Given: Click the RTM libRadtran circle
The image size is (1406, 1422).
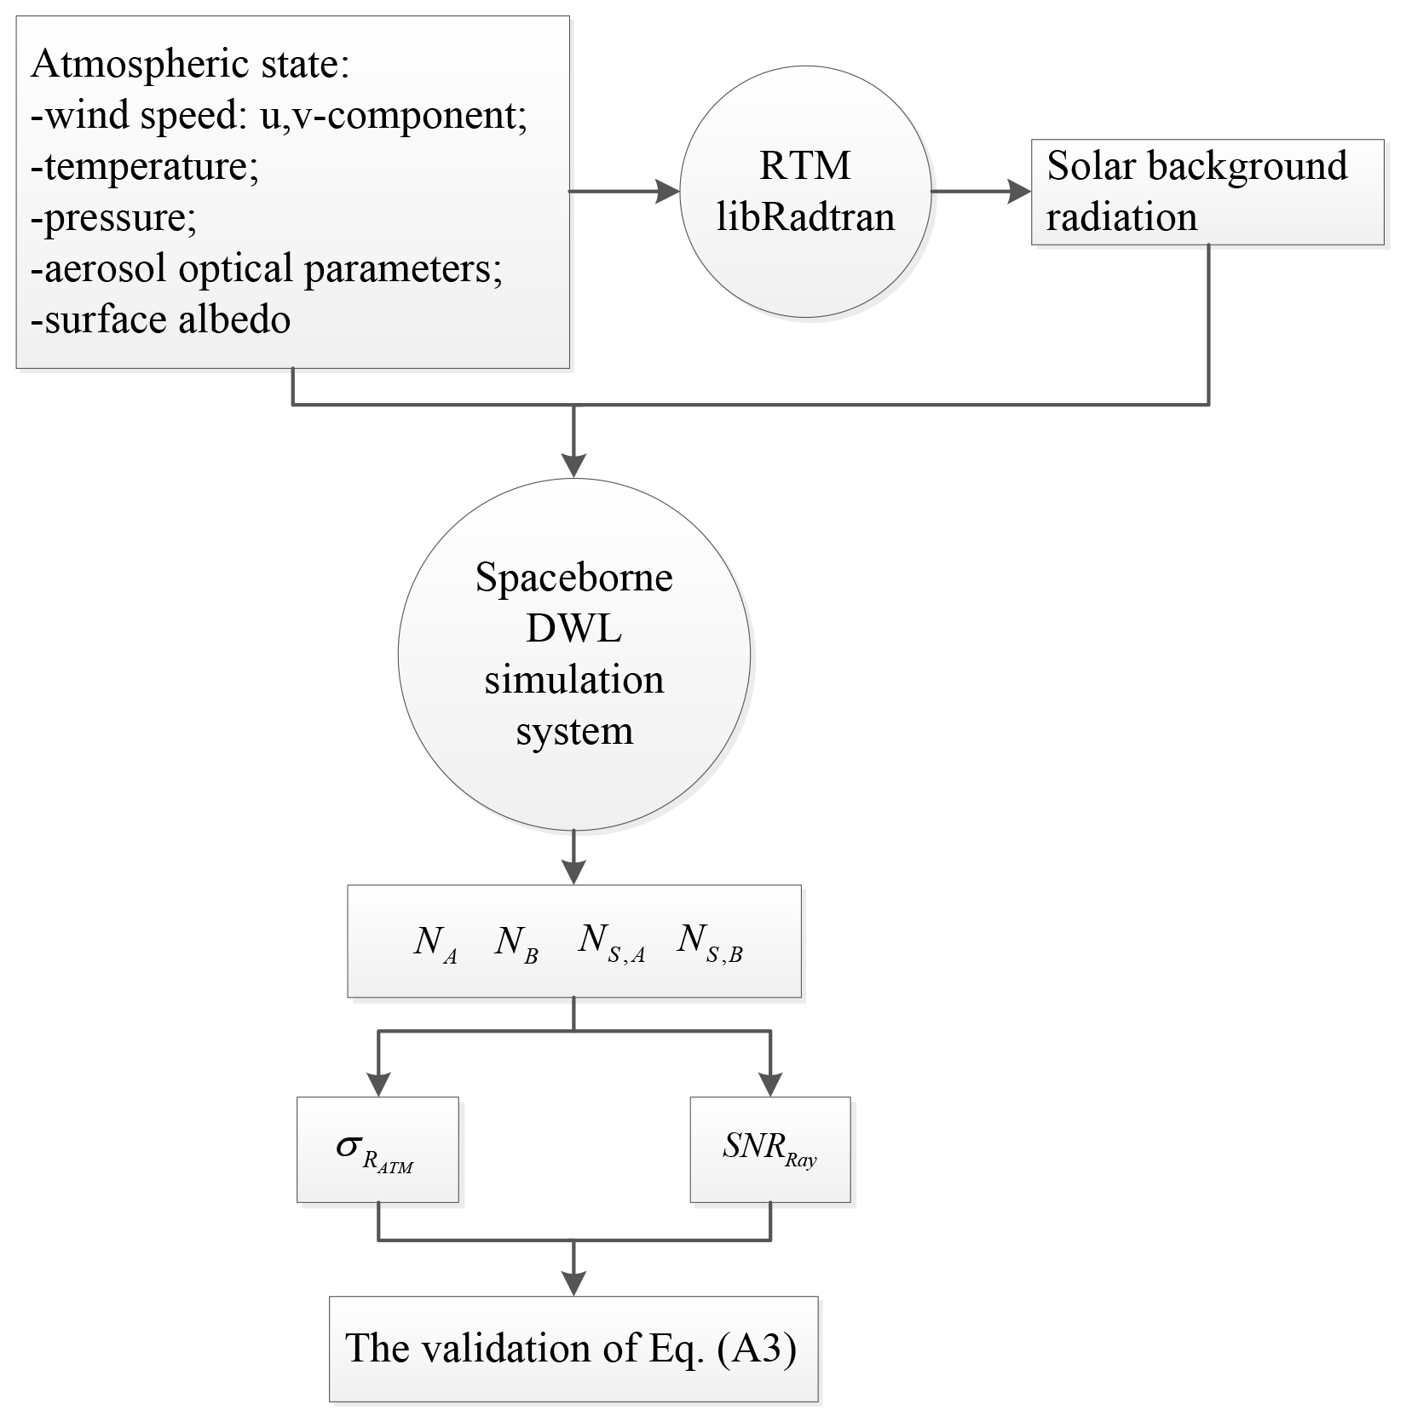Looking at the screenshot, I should pyautogui.click(x=804, y=192).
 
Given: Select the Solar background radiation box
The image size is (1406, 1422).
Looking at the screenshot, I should pyautogui.click(x=1207, y=192).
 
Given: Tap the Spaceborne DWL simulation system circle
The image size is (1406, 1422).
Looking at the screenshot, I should pyautogui.click(x=573, y=654).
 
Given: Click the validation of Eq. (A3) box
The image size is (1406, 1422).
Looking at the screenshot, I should pyautogui.click(x=573, y=1348).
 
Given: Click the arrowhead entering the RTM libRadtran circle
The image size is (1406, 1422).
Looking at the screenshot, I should pyautogui.click(x=667, y=192).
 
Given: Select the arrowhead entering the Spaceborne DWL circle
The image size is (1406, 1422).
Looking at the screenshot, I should pyautogui.click(x=573, y=464).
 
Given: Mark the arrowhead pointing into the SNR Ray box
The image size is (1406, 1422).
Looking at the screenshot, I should pyautogui.click(x=769, y=1084).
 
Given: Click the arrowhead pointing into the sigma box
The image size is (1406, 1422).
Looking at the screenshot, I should pyautogui.click(x=377, y=1084).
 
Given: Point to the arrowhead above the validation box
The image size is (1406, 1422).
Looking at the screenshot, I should pyautogui.click(x=573, y=1282).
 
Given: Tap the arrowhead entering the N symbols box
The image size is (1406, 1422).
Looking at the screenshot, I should pyautogui.click(x=573, y=872).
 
